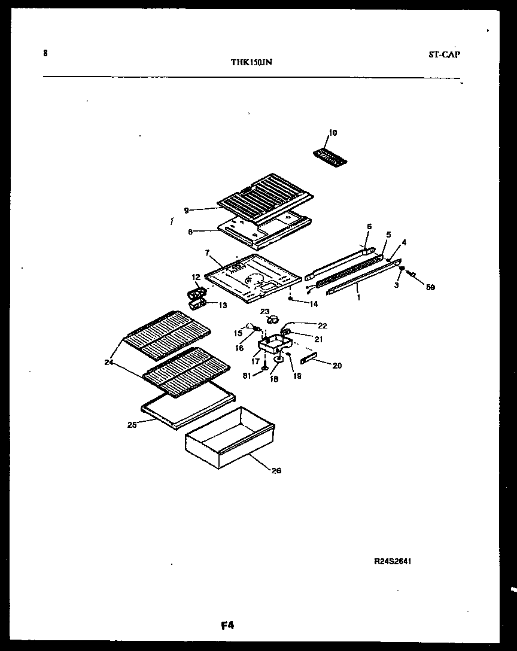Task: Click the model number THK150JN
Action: pos(251,62)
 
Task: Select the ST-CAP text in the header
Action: pos(444,54)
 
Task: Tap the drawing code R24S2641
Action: pos(393,561)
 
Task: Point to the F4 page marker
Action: pos(227,626)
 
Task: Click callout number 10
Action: pos(333,132)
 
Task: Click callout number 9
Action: pos(187,210)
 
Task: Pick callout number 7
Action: pos(207,253)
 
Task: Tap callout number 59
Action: pos(431,287)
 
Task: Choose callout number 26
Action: pos(275,470)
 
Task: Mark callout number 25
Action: pos(132,425)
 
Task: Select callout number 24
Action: pos(108,361)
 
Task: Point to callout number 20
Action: pos(337,366)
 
